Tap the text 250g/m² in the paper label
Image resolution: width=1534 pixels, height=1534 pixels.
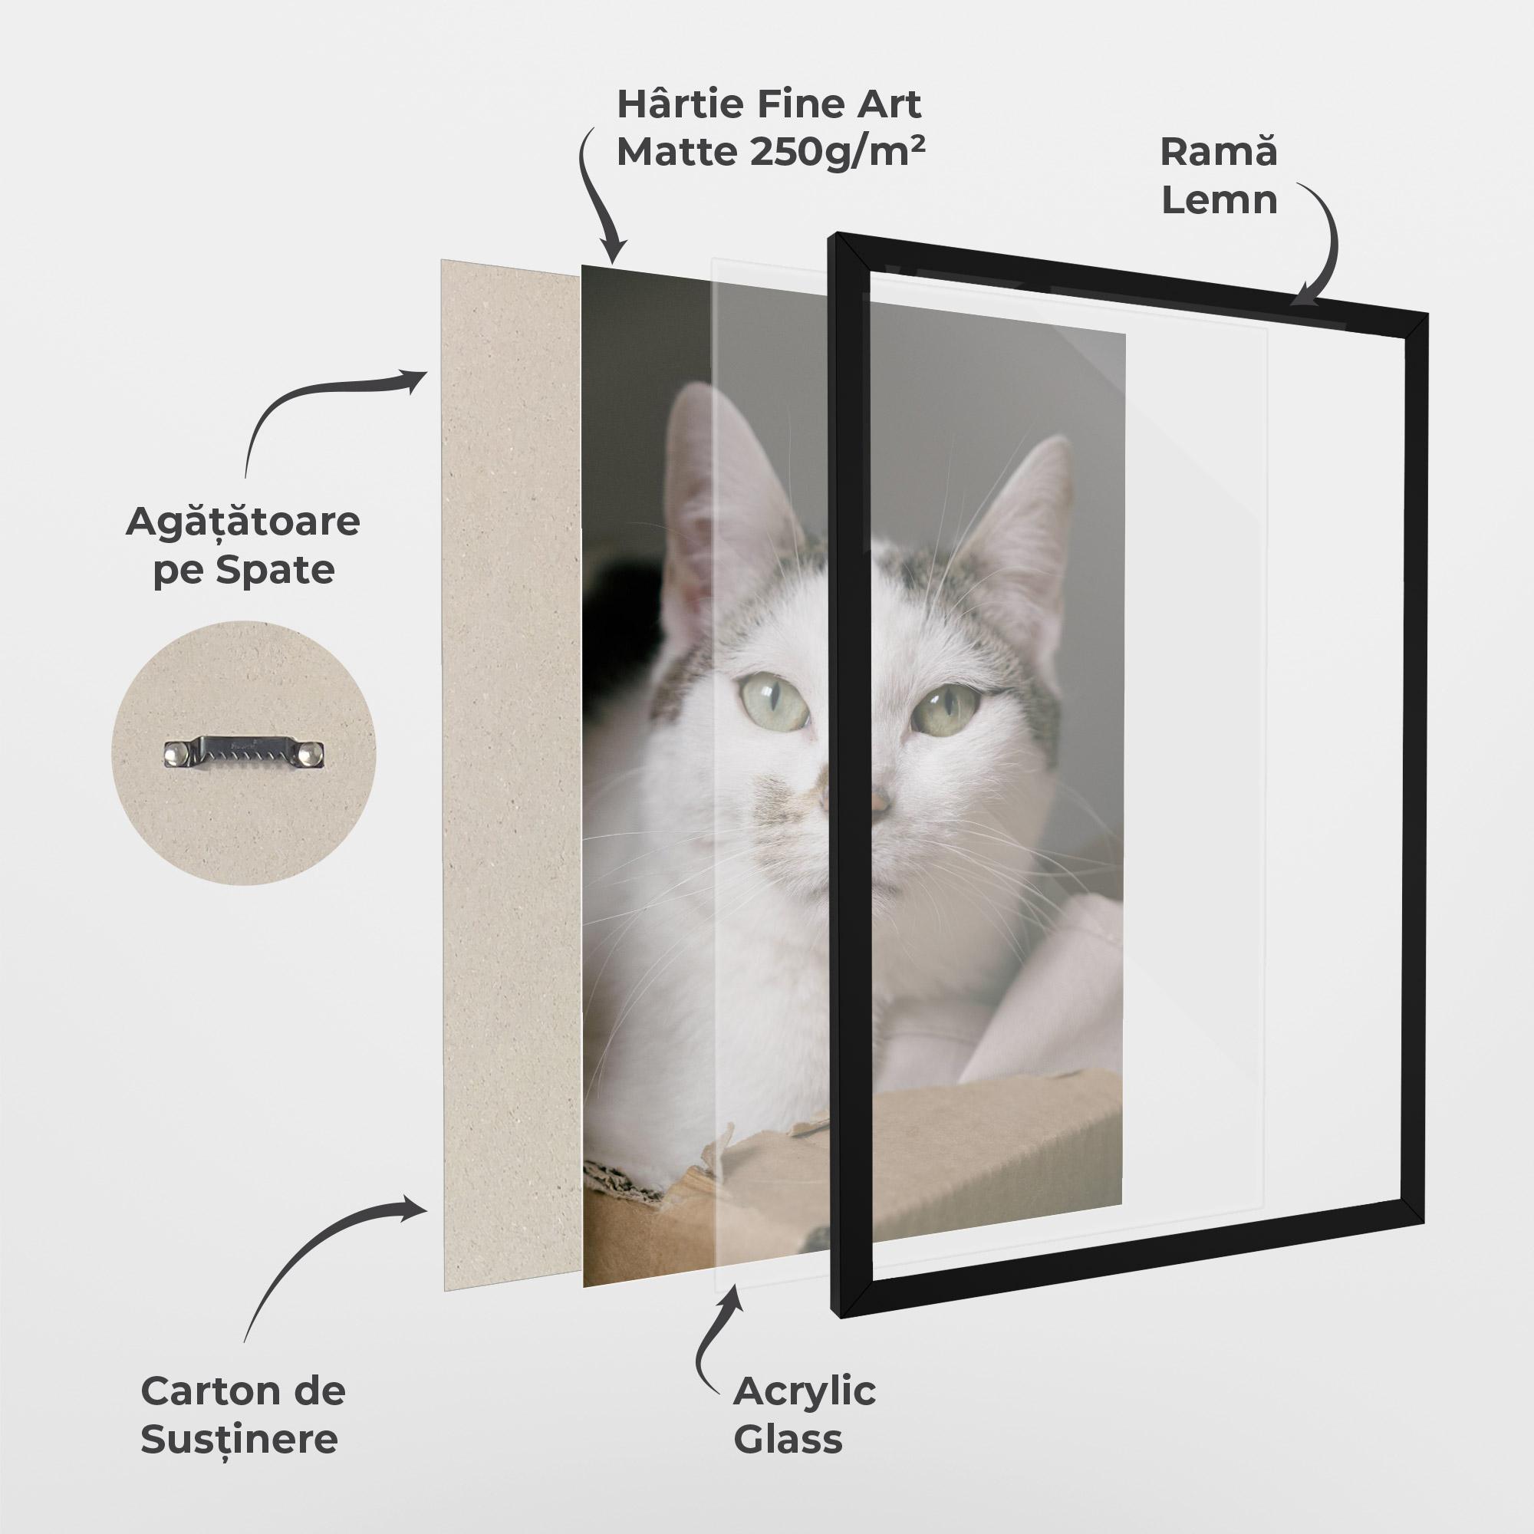coord(837,152)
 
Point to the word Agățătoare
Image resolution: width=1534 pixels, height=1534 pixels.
coord(242,523)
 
